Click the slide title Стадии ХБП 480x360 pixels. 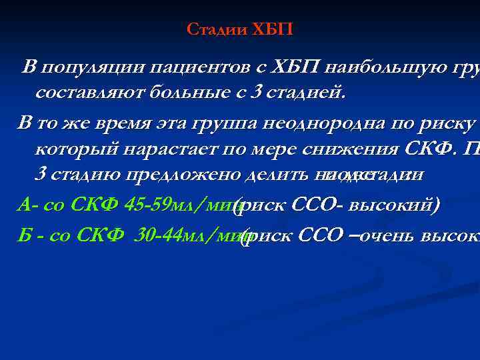tap(239, 30)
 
